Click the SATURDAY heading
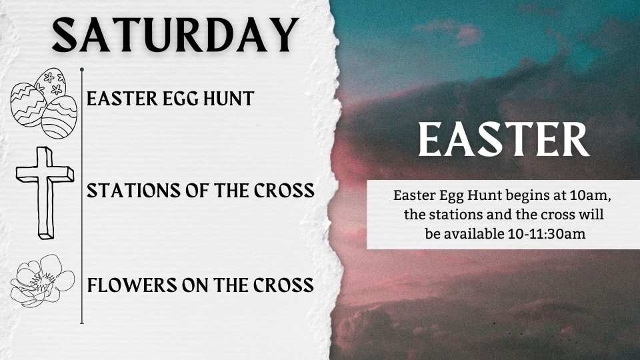(175, 35)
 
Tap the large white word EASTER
(504, 139)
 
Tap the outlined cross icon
(45, 193)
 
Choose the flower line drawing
(42, 281)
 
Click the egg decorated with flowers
(51, 84)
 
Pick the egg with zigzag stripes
(27, 105)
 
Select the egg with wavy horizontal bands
(59, 117)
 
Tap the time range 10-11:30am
(547, 234)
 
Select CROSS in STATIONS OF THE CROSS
(284, 191)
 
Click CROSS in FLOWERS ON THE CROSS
(283, 285)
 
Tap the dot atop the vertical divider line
(82, 70)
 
